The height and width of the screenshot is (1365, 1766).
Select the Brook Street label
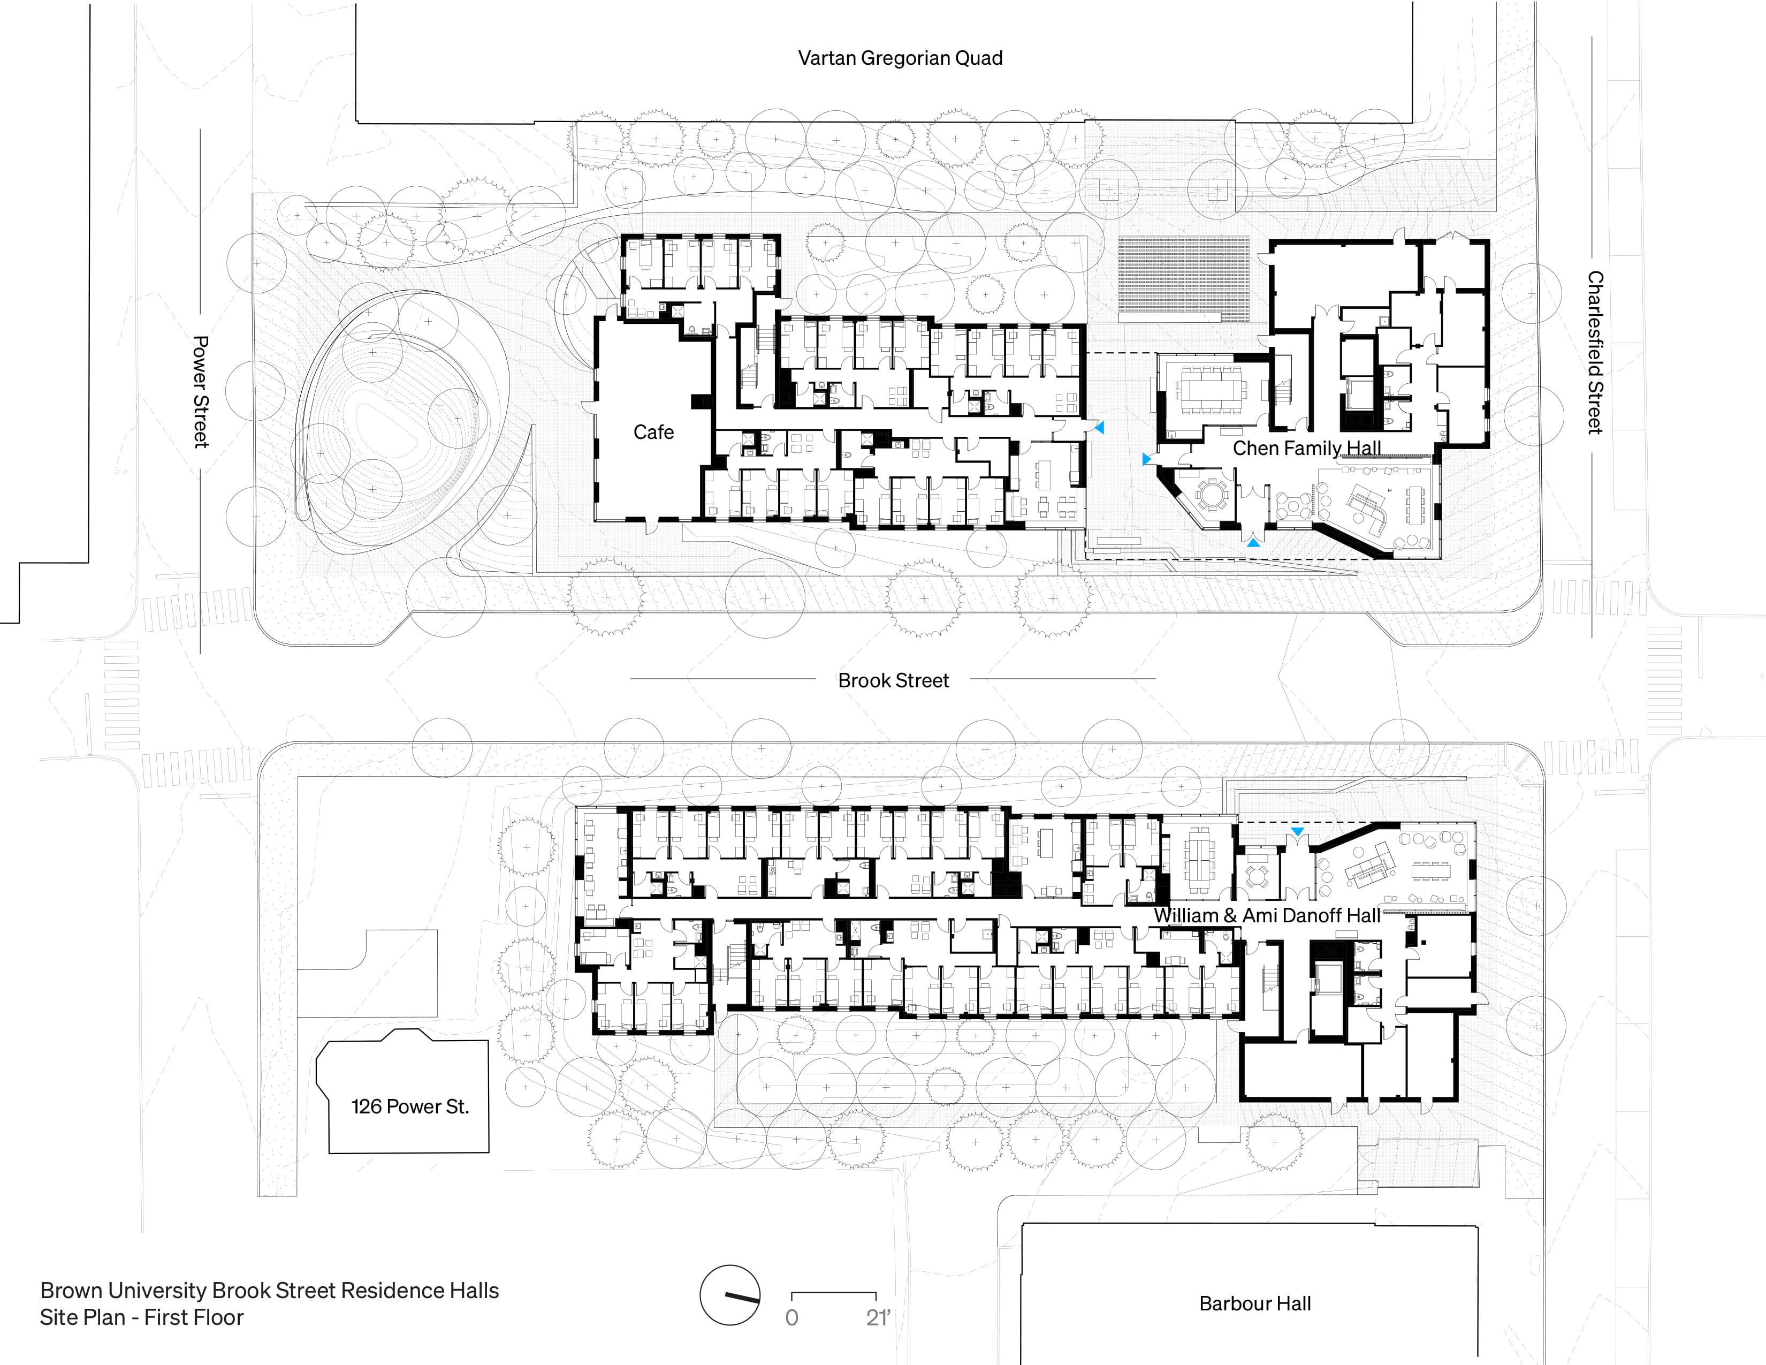(x=893, y=681)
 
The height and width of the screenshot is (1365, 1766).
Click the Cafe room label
(x=653, y=433)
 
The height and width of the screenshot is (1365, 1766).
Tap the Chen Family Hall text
(x=1306, y=448)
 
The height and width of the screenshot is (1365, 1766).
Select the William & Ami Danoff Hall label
(x=1266, y=915)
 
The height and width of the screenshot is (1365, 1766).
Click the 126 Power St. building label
(x=410, y=1106)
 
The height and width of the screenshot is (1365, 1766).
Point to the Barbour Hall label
(x=1254, y=1303)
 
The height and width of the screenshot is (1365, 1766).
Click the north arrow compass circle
(x=730, y=1295)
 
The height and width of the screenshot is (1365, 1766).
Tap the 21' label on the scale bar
(x=877, y=1318)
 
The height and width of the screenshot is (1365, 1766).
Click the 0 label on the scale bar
(x=791, y=1318)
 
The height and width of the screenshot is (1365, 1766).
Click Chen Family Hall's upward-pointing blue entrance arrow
(x=1253, y=543)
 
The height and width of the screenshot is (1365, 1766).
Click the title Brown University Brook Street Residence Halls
(x=269, y=1291)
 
